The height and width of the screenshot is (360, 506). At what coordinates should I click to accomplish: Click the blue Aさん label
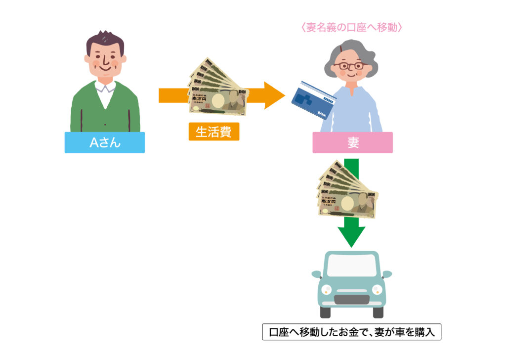coord(104,142)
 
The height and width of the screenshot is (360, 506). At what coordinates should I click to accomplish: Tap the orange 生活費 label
coord(213,132)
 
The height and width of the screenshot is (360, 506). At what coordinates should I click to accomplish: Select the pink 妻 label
coord(352,142)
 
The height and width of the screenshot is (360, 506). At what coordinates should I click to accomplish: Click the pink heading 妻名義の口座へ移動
coord(351,27)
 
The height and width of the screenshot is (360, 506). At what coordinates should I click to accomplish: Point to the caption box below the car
coord(351,332)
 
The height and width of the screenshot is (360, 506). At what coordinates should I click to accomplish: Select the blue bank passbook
coord(314,98)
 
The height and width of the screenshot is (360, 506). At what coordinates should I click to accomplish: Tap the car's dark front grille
coord(351,299)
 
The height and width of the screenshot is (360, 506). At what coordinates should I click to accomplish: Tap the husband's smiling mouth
coord(105,69)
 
